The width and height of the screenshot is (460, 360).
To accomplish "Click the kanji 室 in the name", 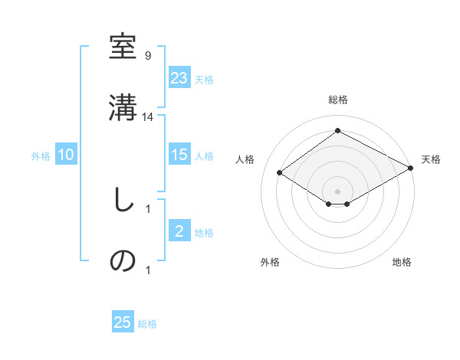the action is pos(123,48).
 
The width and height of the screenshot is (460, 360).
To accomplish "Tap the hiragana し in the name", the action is pos(123,201).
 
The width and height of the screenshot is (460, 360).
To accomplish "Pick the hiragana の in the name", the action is pos(123,260).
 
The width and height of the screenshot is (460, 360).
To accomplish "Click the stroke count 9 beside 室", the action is pos(147,56).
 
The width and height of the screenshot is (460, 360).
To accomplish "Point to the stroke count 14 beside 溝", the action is pos(149,116).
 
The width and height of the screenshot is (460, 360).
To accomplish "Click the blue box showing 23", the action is pos(179,78).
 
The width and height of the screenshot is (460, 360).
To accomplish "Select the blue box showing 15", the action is pos(179,155).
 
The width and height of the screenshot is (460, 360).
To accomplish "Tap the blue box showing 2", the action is pos(179,231).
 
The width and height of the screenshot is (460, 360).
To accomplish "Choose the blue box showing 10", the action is pos(66,155).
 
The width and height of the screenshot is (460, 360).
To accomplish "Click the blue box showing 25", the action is pos(123,322).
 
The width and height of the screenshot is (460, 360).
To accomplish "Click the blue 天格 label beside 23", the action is pos(204,79).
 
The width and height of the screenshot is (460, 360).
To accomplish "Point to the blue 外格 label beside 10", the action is pos(41,155).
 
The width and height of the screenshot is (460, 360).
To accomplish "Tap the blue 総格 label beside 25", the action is pos(147,323).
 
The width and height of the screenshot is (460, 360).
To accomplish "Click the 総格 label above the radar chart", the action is pos(337,100).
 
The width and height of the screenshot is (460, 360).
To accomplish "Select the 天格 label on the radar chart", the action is pos(431,159).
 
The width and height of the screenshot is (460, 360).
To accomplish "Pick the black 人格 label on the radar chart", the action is pos(245,159).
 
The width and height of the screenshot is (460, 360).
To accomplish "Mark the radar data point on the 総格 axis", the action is pos(337,130).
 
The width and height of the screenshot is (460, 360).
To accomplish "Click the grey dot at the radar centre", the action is pos(337,190).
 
